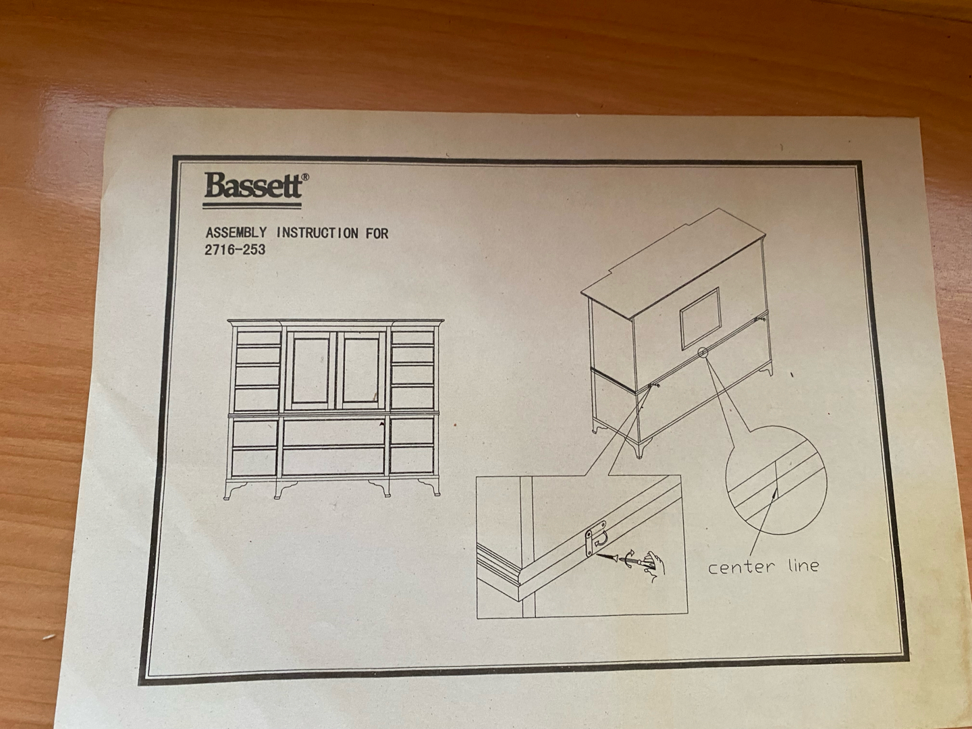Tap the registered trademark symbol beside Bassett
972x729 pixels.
305,177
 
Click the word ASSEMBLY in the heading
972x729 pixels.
236,232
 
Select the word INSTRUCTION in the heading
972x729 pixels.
317,233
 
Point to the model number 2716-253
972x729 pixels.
235,250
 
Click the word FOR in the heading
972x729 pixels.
377,234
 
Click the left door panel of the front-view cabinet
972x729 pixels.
310,370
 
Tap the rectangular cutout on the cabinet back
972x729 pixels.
699,318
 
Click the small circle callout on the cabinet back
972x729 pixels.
702,352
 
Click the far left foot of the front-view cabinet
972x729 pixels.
235,491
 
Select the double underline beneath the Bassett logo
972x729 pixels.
252,205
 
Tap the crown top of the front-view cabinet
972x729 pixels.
335,323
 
